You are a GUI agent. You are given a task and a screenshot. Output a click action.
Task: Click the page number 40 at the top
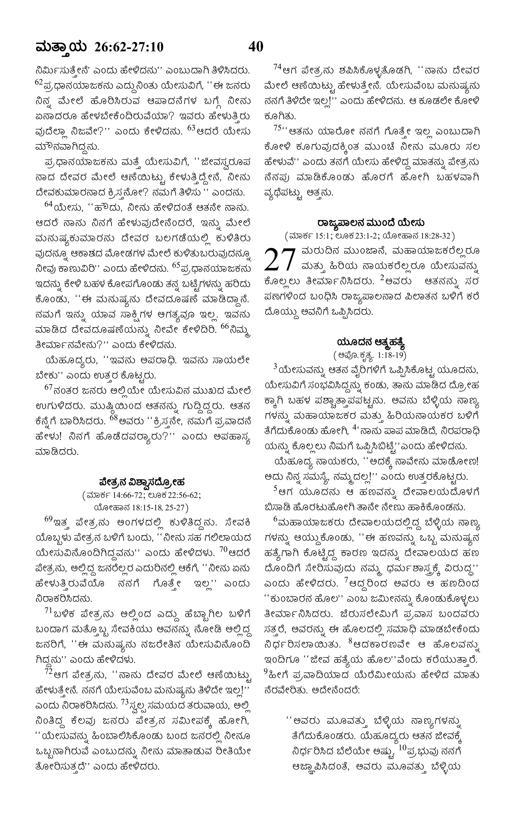[x=256, y=47]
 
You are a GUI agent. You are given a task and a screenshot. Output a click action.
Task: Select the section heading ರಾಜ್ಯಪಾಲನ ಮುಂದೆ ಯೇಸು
[x=371, y=223]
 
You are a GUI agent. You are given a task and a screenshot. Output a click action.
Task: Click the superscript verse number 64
[x=49, y=204]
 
